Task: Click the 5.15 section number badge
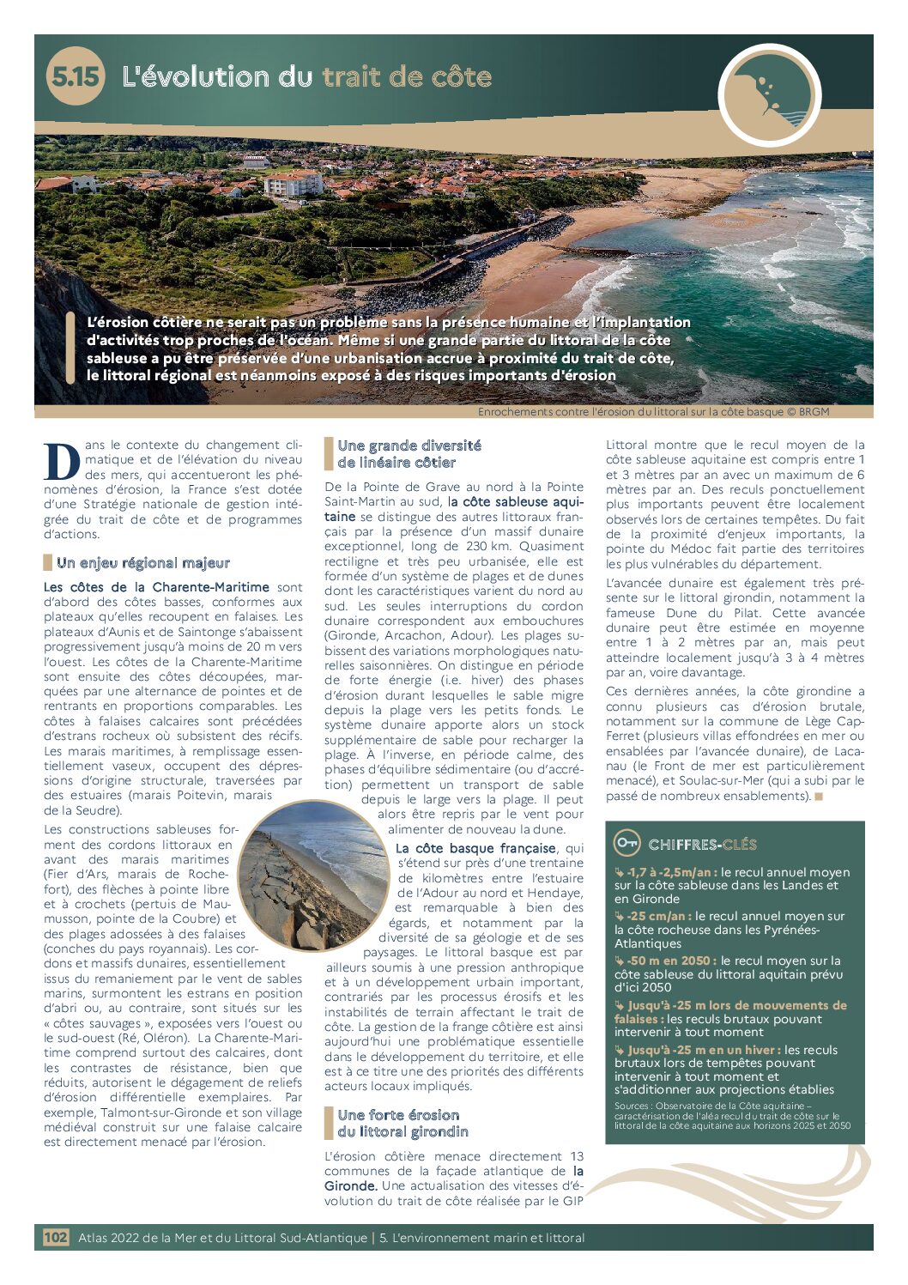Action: point(75,76)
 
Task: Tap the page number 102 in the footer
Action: point(56,1237)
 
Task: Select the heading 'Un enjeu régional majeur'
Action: point(142,563)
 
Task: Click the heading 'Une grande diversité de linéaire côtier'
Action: point(409,453)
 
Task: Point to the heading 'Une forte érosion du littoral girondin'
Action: point(403,1123)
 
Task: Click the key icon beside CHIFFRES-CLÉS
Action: point(627,843)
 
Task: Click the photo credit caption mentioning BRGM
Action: point(653,412)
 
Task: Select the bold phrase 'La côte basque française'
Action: point(475,848)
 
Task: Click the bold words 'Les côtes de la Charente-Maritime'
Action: point(156,587)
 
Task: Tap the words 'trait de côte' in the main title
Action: point(407,77)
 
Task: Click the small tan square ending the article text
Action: point(819,797)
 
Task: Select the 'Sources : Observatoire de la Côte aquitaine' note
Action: point(732,1115)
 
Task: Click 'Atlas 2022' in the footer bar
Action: point(109,1238)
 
